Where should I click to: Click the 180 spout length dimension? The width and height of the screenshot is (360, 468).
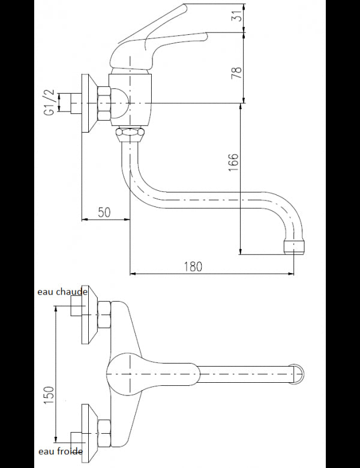(x=192, y=266)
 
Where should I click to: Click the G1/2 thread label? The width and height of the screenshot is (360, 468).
(x=50, y=103)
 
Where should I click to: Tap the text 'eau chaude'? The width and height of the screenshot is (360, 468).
(x=62, y=292)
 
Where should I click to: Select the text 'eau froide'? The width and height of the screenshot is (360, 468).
(x=60, y=451)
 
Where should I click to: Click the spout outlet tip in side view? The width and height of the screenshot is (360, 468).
(x=294, y=247)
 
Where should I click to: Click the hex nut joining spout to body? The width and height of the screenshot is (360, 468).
(x=129, y=133)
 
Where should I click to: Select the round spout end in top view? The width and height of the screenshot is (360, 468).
(x=298, y=373)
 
